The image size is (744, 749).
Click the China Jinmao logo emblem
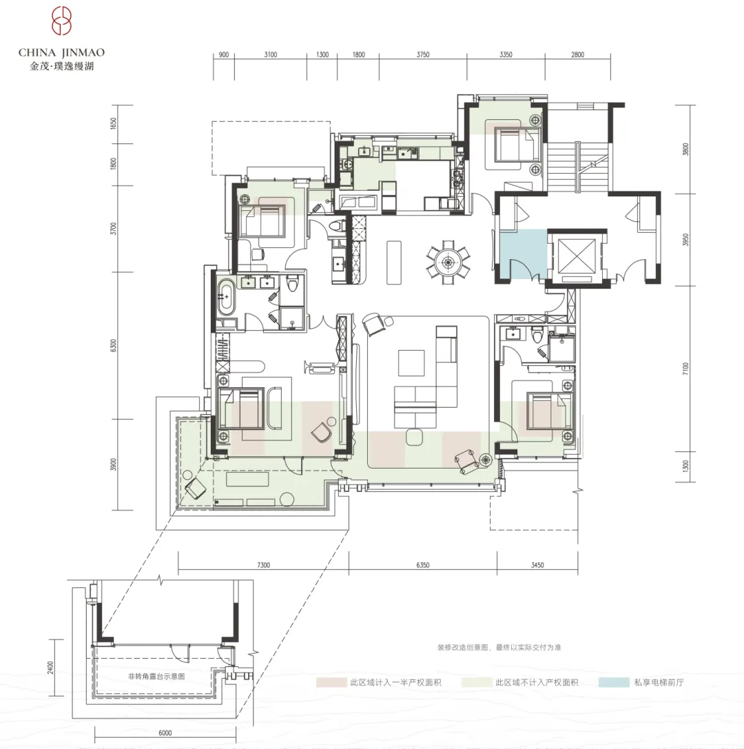pos(61,21)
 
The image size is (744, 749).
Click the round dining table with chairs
pos(448,262)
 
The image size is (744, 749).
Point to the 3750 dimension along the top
pos(422,55)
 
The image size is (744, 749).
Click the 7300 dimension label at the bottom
pos(264,565)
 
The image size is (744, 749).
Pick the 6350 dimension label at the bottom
pos(422,565)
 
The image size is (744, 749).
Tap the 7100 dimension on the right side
pos(685,369)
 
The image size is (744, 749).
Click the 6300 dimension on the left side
pos(113,345)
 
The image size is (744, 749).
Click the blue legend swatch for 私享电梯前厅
pos(614,683)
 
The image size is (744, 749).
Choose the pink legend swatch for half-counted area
pos(331,683)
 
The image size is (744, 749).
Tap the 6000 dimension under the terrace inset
pos(165,732)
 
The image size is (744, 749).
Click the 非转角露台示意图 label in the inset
pos(156,677)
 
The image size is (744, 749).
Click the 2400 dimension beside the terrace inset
pos(50,668)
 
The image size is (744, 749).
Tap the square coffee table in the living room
pos(411,363)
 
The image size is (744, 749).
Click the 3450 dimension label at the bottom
pos(537,565)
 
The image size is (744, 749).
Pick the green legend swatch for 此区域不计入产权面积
pos(477,683)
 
